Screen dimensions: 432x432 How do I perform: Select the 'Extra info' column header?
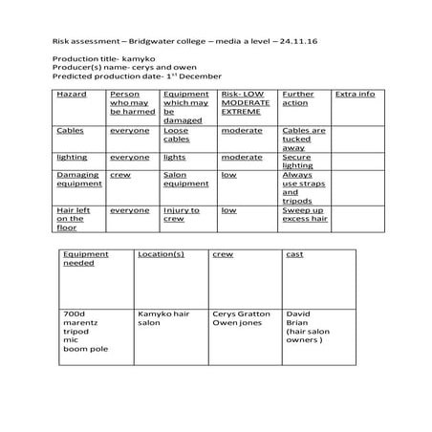(x=354, y=96)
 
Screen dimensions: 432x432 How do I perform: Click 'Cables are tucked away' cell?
(x=304, y=140)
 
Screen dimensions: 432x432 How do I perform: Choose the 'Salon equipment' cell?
(x=185, y=180)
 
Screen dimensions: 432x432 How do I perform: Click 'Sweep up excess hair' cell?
(x=303, y=215)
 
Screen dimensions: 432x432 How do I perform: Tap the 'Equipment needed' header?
(x=85, y=259)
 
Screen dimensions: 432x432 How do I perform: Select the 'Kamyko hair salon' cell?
(x=164, y=318)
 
